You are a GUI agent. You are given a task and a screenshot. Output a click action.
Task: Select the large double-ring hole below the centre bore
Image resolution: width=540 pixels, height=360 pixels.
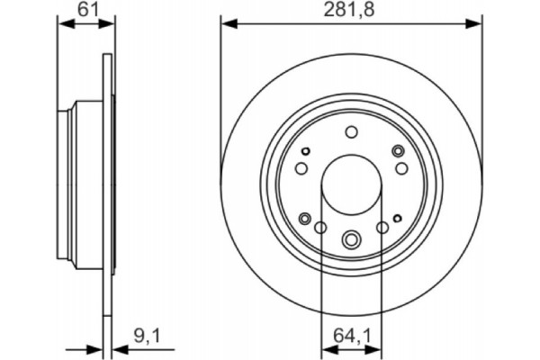coord(351,238)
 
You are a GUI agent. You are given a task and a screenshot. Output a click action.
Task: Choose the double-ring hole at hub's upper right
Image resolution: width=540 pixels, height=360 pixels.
coord(396,150)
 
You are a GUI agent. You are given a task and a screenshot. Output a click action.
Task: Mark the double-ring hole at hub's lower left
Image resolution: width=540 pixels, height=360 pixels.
coord(307,218)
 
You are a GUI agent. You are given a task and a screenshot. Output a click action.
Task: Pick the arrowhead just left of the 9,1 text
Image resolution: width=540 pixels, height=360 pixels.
coord(118,349)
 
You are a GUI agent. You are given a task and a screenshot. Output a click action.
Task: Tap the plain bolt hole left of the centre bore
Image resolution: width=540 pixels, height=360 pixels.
coord(301,168)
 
